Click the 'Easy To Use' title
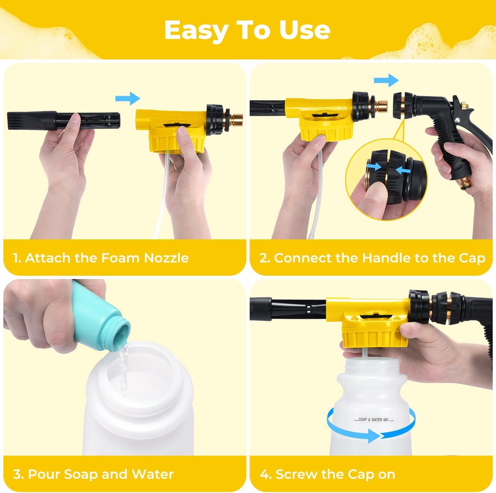point(247,30)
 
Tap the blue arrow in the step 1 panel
point(128,98)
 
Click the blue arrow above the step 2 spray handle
point(387,80)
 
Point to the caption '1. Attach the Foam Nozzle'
point(101,258)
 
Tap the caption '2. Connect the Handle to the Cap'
point(372,258)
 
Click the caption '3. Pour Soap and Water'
point(93,474)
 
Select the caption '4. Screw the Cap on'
point(327,474)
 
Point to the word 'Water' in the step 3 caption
point(152,474)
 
